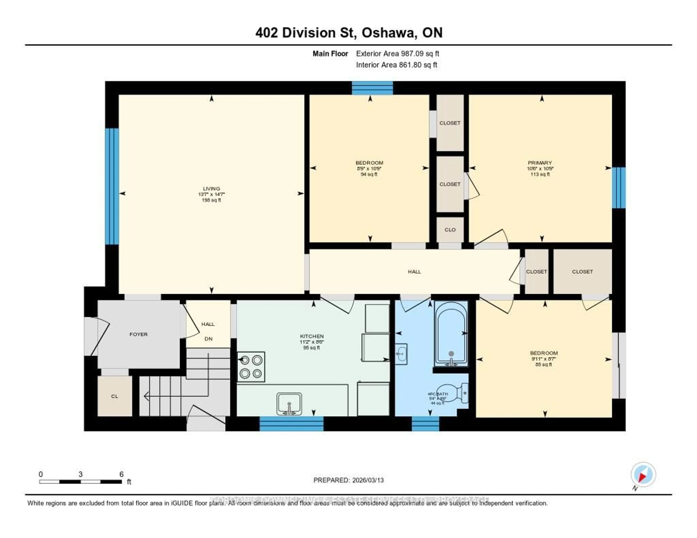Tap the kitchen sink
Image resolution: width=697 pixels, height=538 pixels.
click(x=289, y=404)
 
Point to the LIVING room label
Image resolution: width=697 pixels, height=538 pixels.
click(x=211, y=188)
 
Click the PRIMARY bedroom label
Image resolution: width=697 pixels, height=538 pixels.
click(x=540, y=163)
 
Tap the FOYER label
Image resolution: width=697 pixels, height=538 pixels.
click(x=138, y=334)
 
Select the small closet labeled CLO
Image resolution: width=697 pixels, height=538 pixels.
click(x=450, y=230)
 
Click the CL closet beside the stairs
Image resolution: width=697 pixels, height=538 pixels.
click(x=115, y=396)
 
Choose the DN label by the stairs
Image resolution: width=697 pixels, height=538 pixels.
click(x=208, y=339)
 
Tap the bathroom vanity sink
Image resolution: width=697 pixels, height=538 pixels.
click(x=401, y=354)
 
